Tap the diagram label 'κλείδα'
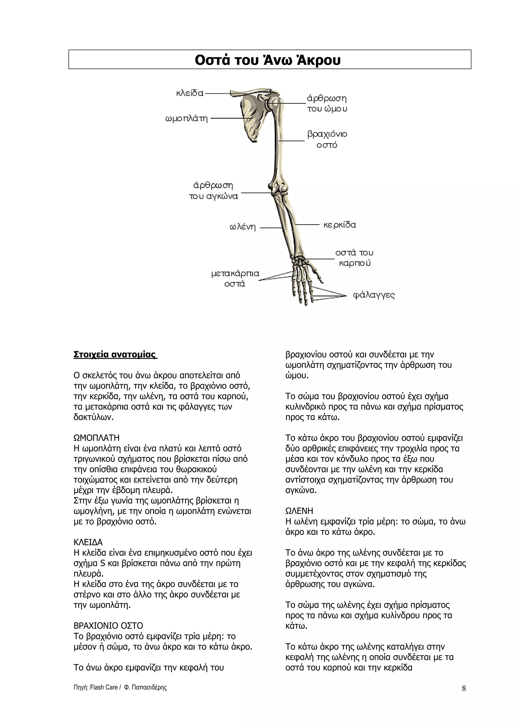pos(190,93)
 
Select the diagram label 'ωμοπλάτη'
pos(187,119)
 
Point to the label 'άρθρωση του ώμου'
pos(327,104)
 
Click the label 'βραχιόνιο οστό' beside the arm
pos(327,139)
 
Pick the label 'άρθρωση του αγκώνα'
pos(213,191)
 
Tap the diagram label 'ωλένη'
pos(242,227)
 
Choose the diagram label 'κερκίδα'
pos(339,225)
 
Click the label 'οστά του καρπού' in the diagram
pos(354,258)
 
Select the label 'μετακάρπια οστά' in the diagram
pos(235,278)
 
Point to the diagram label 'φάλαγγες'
pos(374,295)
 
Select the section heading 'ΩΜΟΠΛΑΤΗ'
pos(97,438)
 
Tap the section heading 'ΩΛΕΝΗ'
pos(299,511)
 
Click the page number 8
pos(464,688)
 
